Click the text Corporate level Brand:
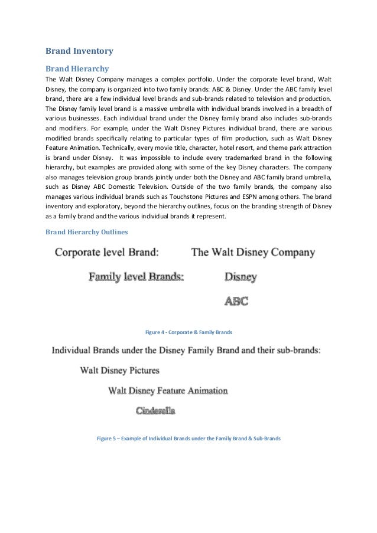tap(107, 253)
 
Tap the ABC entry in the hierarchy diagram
tap(236, 301)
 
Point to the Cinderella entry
tap(155, 410)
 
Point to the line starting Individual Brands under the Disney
tap(186, 350)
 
